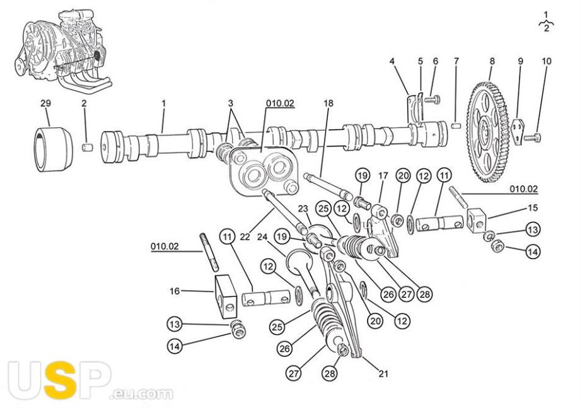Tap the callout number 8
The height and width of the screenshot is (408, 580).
492,61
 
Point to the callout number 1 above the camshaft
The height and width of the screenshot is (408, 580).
163,103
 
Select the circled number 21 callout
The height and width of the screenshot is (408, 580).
383,373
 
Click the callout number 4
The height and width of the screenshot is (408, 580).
391,61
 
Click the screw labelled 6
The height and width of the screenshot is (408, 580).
431,98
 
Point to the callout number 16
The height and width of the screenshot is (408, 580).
175,291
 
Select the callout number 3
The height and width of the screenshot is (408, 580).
231,103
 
